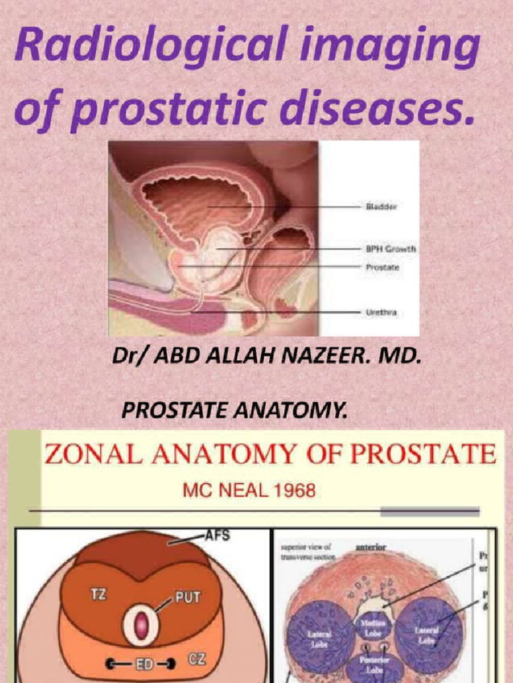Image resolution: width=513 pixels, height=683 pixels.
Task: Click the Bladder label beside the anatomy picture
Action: [381, 207]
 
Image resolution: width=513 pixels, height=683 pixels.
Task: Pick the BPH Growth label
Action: [391, 249]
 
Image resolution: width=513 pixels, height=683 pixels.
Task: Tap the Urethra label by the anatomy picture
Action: [382, 311]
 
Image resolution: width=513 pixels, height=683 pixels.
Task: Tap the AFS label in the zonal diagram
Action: [214, 536]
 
